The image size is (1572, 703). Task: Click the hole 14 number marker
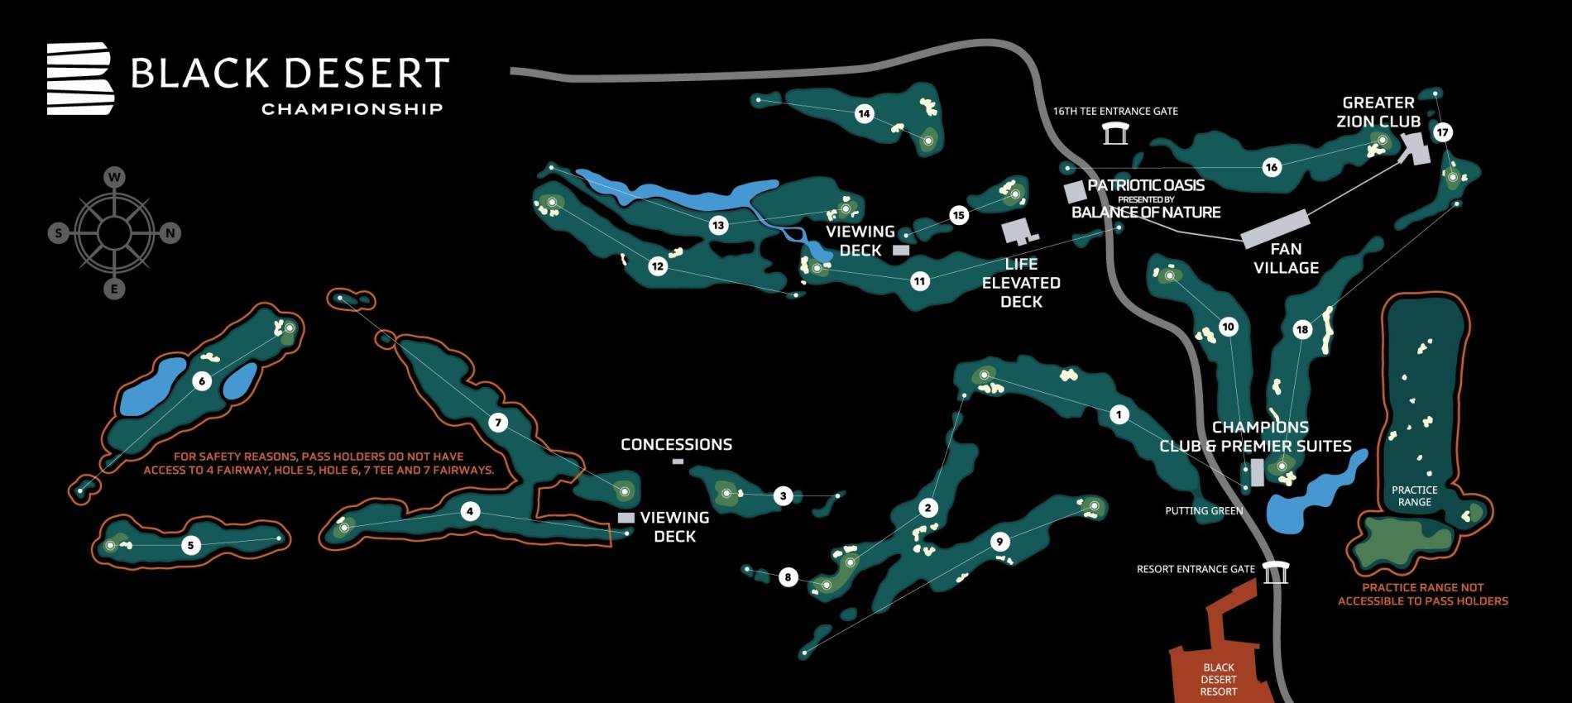[x=865, y=113]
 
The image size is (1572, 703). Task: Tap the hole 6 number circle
[x=202, y=381]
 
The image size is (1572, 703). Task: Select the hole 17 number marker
[x=1443, y=132]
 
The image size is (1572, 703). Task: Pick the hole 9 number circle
[x=999, y=542]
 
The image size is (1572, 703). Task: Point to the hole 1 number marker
[x=1119, y=414]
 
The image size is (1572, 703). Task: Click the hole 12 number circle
[x=658, y=266]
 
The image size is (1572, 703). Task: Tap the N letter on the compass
[x=170, y=233]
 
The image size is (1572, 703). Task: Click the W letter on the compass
[x=114, y=177]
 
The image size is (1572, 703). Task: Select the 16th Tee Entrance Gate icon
[x=1115, y=133]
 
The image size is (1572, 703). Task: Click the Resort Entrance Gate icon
[x=1275, y=571]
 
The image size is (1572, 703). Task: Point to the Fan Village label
[x=1286, y=258]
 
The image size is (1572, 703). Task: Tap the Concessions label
[x=676, y=445]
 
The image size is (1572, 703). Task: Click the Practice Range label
[x=1414, y=496]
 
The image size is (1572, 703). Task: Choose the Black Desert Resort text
[x=1219, y=679]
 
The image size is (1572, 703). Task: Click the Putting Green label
[x=1204, y=511]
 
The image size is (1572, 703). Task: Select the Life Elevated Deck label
[x=1021, y=283]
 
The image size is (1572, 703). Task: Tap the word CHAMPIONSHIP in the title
[x=352, y=109]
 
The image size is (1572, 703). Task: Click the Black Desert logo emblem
[x=79, y=79]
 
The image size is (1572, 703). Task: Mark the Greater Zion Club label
[x=1378, y=112]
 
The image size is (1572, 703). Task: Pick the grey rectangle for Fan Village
[x=1275, y=228]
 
